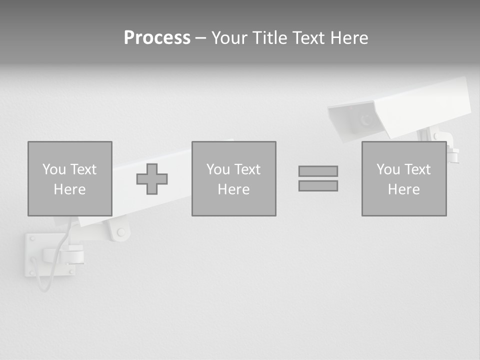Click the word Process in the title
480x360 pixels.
157,38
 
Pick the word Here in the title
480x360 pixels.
349,38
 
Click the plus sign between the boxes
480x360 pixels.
152,179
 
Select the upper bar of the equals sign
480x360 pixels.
318,171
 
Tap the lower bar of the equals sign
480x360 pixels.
318,185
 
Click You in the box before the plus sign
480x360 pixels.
54,169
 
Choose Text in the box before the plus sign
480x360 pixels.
83,169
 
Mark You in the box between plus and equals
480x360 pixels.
218,169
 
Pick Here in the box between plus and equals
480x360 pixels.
233,189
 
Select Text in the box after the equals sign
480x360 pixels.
417,169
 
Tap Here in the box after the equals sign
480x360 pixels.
403,189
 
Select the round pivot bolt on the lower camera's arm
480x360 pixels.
120,232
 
